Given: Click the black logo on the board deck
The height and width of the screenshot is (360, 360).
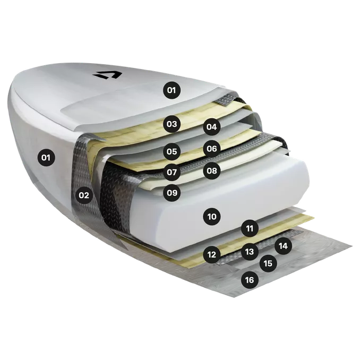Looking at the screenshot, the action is [107, 75].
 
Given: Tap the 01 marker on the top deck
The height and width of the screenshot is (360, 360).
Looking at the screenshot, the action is [172, 90].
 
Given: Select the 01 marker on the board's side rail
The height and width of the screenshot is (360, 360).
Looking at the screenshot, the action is [46, 158].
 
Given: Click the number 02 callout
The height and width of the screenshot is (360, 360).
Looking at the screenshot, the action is [84, 195].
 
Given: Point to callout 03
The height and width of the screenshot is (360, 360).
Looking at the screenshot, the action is [172, 124].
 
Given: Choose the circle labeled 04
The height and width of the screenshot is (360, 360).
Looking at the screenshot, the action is [212, 127].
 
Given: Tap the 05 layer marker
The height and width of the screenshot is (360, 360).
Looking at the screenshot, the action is [172, 151].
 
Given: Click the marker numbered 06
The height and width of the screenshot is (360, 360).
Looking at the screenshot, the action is [212, 149].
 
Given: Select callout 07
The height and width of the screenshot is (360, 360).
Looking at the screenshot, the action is [172, 172].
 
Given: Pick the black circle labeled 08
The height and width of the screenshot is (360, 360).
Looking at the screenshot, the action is [212, 170].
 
